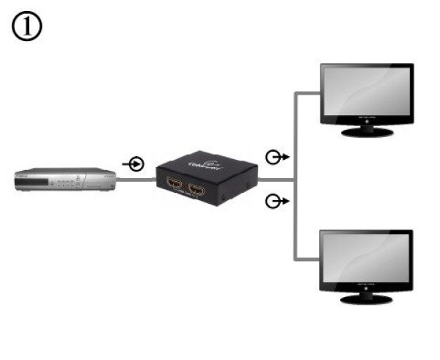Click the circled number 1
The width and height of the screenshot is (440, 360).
tap(26, 27)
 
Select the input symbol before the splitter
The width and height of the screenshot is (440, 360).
tap(135, 163)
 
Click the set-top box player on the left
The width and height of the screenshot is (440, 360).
tap(66, 180)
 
